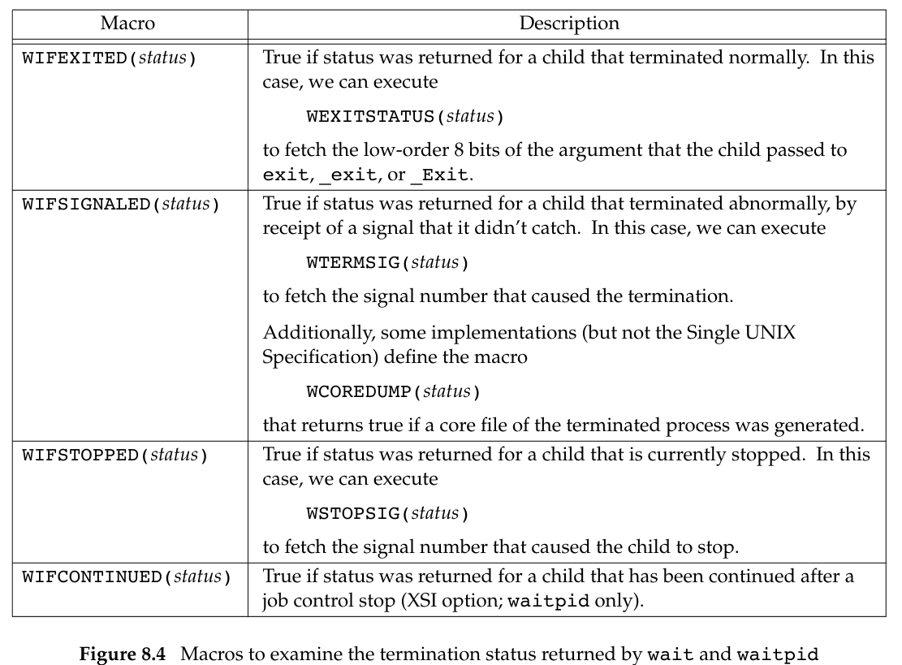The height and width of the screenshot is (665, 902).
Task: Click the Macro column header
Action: pos(127,24)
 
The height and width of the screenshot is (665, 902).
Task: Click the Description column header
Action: pos(569,24)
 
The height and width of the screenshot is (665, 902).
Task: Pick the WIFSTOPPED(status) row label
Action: pos(114,456)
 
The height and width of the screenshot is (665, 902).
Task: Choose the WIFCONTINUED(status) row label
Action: pos(126,577)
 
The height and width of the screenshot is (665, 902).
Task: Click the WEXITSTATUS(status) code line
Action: pos(405,117)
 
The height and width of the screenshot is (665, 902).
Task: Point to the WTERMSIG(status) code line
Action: pos(388,263)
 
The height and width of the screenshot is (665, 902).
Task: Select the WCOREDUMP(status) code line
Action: pos(394,392)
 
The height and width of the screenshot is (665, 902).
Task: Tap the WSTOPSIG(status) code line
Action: pos(388,513)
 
